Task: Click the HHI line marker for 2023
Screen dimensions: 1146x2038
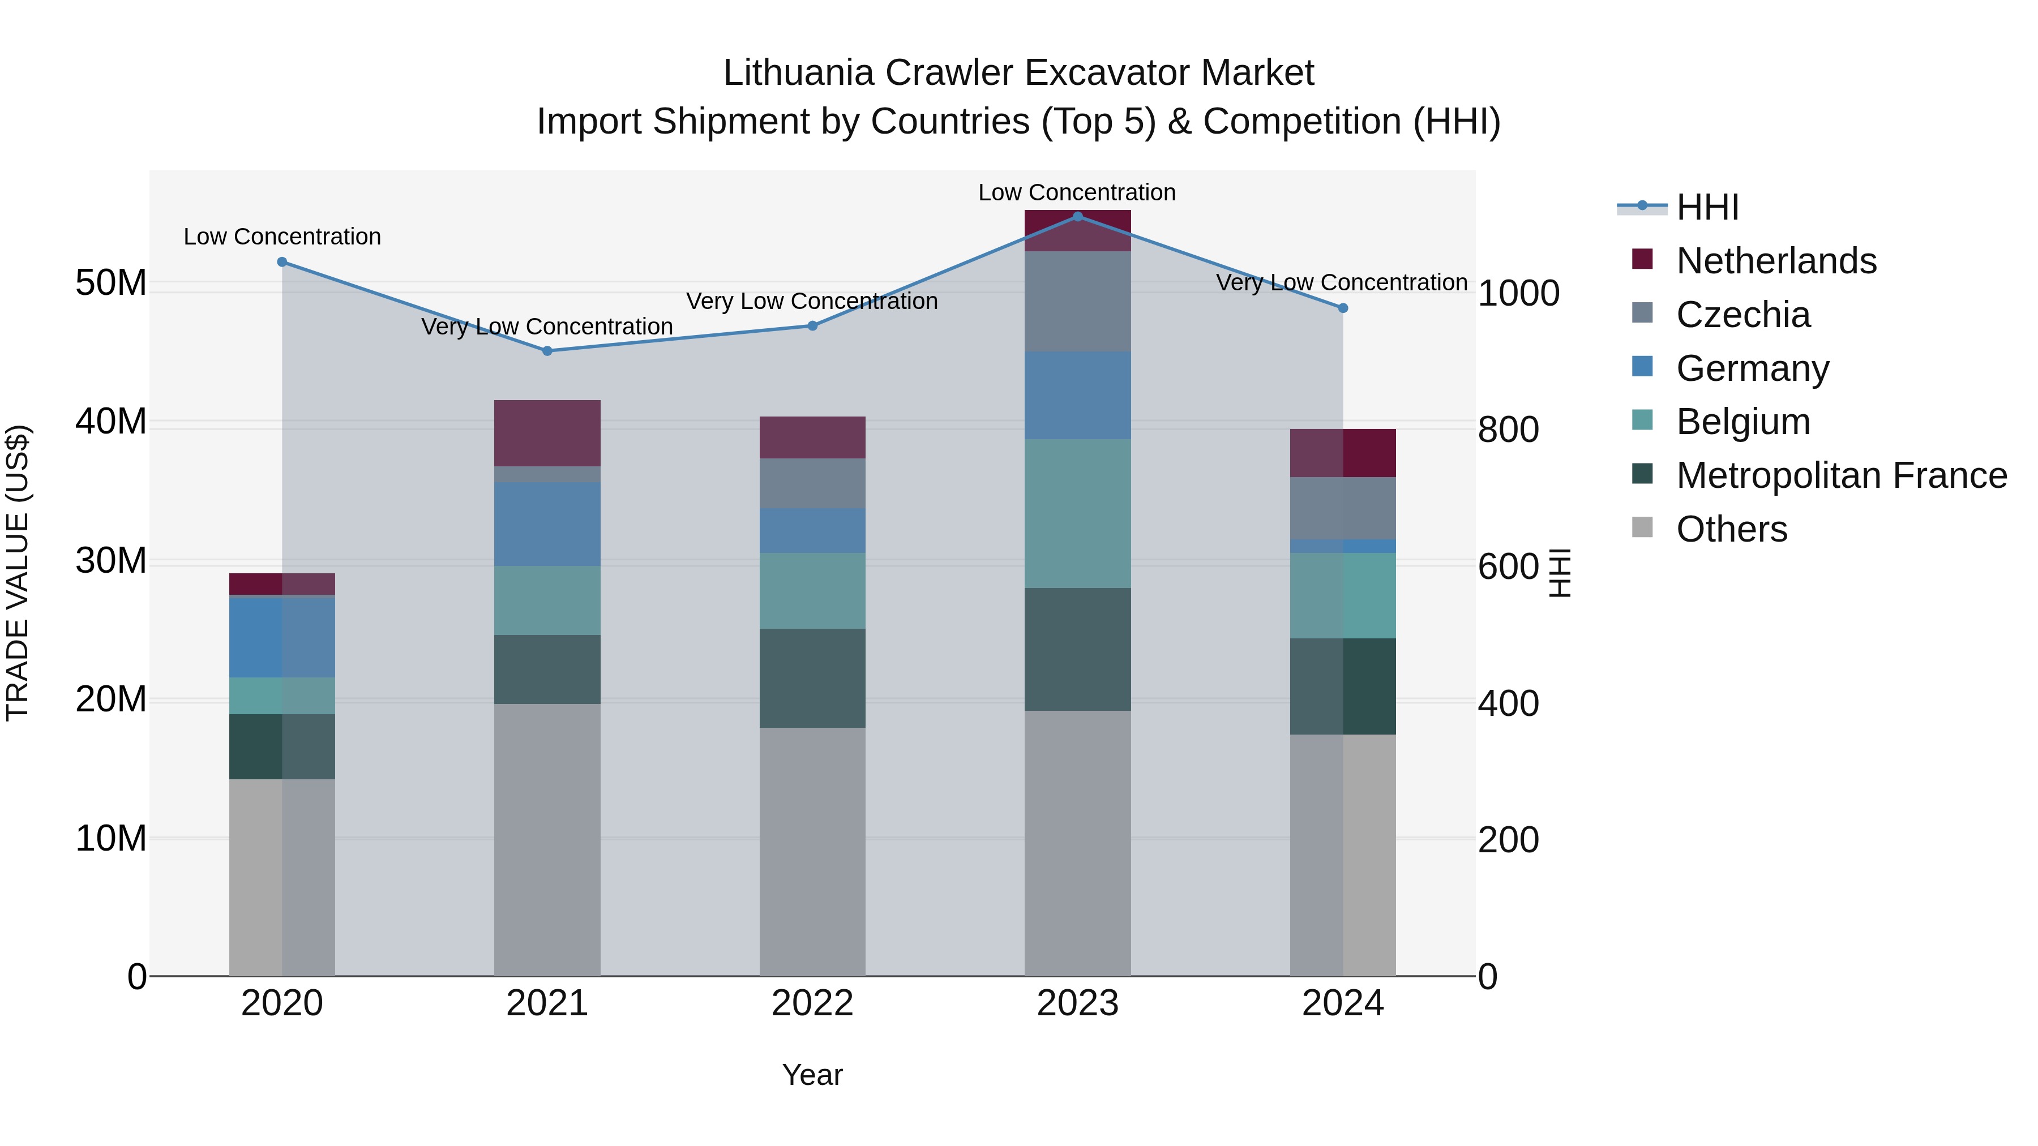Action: coord(1077,216)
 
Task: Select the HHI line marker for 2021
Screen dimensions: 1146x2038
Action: coord(547,351)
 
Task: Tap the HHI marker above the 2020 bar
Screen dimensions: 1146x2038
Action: coord(282,262)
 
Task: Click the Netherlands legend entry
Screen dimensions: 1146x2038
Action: coord(1776,261)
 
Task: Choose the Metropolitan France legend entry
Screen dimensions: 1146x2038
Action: coord(1841,475)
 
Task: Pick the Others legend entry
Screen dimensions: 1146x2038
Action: coord(1731,529)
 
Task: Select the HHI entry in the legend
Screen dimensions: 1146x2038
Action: coord(1707,207)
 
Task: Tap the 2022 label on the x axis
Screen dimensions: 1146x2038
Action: coord(812,1003)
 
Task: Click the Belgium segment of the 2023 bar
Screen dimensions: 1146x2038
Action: coord(1077,513)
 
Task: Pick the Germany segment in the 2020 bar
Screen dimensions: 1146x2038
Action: coord(282,637)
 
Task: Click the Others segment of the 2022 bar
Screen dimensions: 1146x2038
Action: coord(812,851)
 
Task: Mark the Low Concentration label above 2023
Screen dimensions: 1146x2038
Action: coord(1077,192)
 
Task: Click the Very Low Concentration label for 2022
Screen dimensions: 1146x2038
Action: coord(812,301)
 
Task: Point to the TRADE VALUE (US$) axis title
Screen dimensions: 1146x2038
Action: coord(18,573)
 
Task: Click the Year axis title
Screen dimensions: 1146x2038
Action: coord(812,1075)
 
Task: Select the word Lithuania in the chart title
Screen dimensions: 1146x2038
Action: coord(798,74)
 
